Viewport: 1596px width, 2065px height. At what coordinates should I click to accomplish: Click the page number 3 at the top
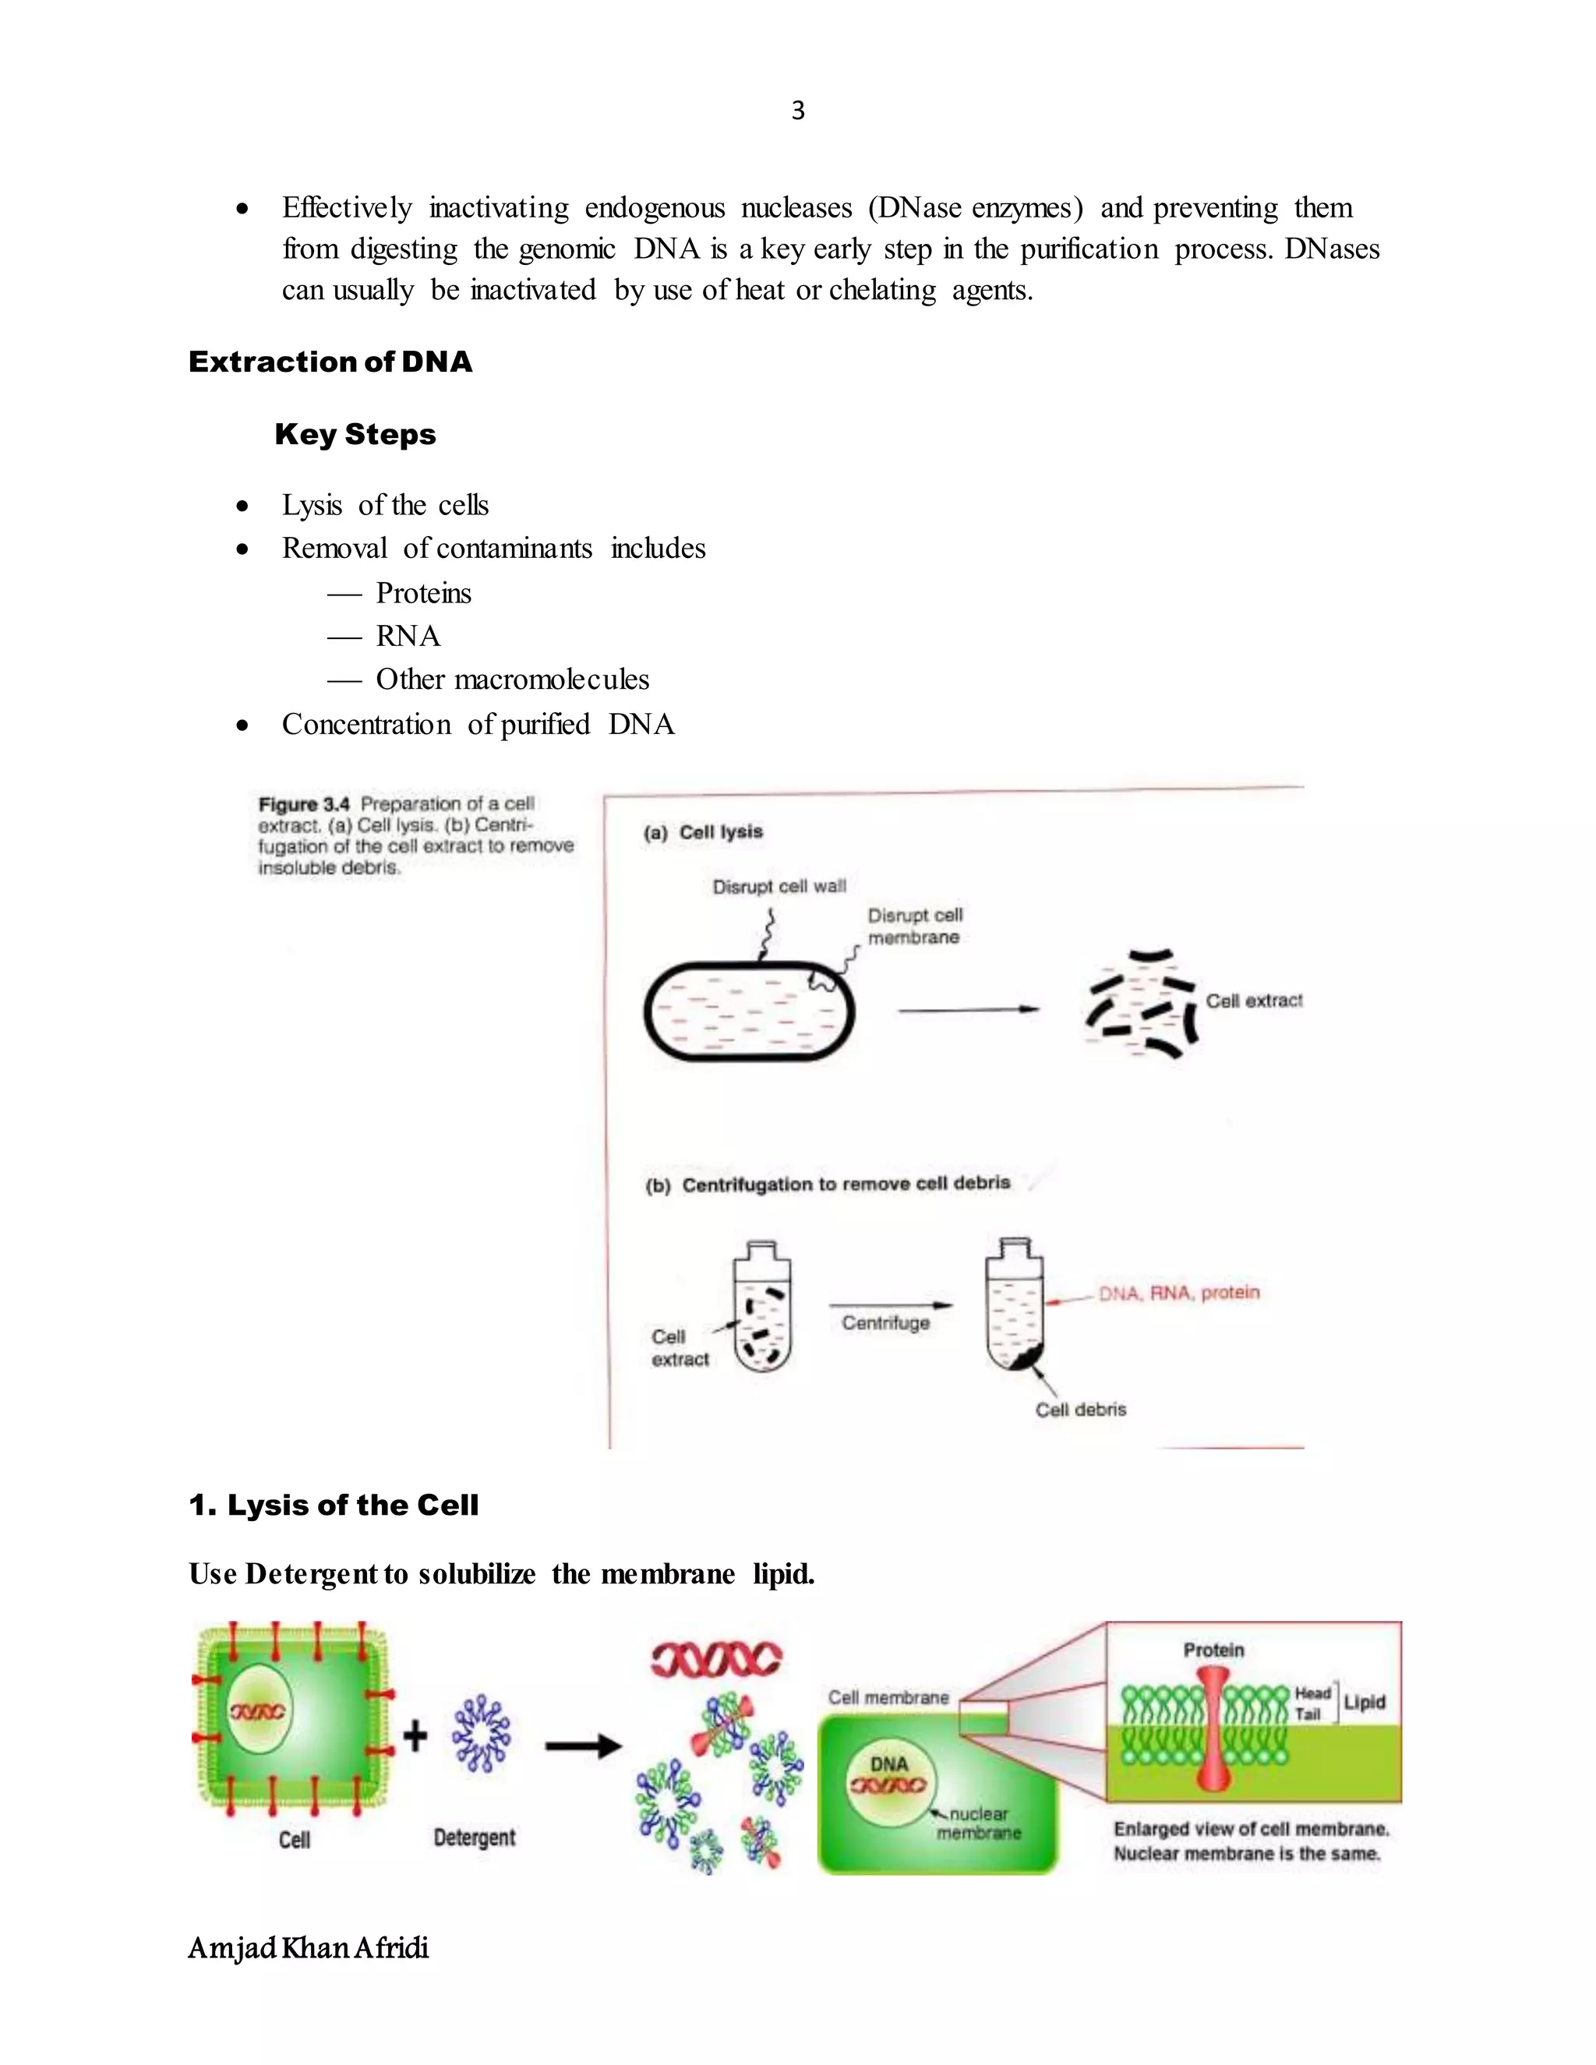pyautogui.click(x=797, y=111)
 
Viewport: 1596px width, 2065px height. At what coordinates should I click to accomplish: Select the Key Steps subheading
pyautogui.click(x=355, y=435)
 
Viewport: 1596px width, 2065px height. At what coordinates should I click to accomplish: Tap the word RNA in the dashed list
pyautogui.click(x=408, y=637)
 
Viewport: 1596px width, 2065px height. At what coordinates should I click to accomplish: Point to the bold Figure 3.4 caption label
pyautogui.click(x=303, y=805)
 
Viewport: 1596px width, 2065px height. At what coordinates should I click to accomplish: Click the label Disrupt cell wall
pyautogui.click(x=779, y=887)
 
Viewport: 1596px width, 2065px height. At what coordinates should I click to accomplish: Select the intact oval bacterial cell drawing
pyautogui.click(x=749, y=1011)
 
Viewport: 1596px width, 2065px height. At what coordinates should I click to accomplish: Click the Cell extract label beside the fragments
pyautogui.click(x=1253, y=1001)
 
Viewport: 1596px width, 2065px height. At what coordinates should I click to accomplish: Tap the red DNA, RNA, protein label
pyautogui.click(x=1178, y=1293)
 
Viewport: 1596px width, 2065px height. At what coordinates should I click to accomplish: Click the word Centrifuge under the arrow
pyautogui.click(x=885, y=1323)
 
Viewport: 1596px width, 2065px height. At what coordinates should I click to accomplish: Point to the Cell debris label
pyautogui.click(x=1080, y=1410)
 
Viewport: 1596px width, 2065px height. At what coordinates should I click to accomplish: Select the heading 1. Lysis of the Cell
pyautogui.click(x=334, y=1506)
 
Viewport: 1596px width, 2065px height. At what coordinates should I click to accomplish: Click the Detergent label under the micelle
pyautogui.click(x=474, y=1837)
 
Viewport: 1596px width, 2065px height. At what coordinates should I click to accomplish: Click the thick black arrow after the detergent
pyautogui.click(x=582, y=1746)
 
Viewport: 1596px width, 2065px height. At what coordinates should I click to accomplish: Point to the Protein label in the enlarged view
pyautogui.click(x=1213, y=1650)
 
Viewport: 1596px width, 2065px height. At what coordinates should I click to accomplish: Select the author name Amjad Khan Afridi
pyautogui.click(x=309, y=1948)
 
